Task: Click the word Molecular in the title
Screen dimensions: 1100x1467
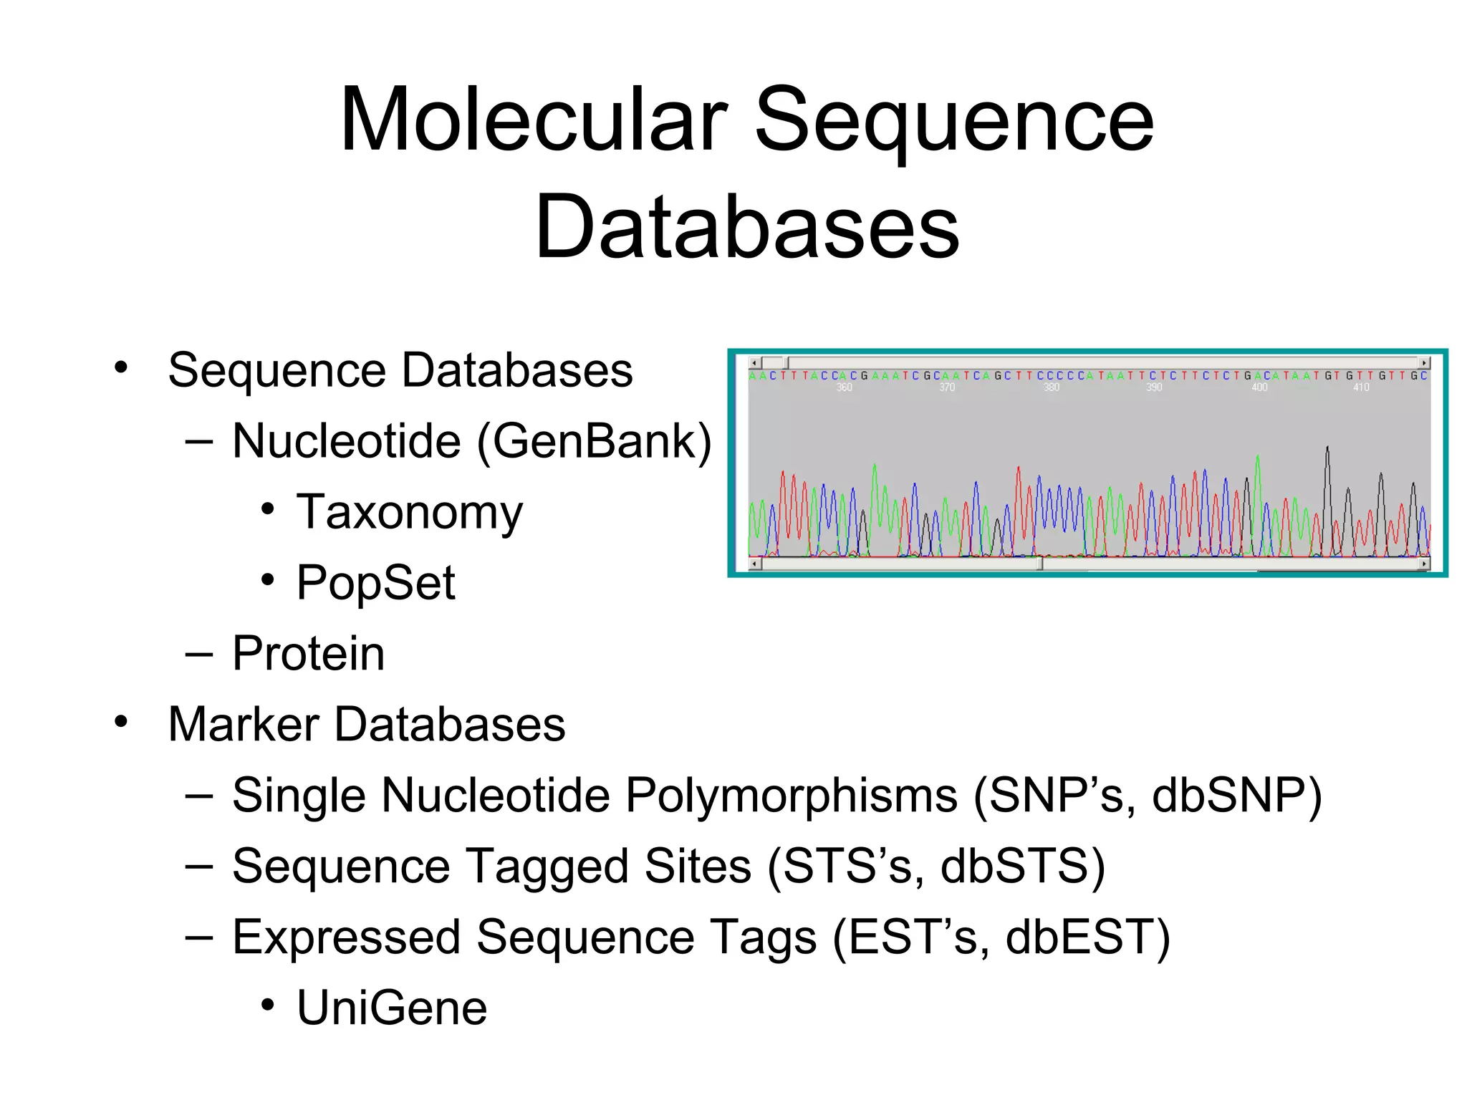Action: (x=534, y=120)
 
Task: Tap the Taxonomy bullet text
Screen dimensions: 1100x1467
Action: (x=410, y=513)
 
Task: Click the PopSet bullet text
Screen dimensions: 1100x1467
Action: (x=375, y=583)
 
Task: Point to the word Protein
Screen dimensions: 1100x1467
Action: (x=308, y=654)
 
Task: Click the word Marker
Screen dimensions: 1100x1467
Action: (x=244, y=724)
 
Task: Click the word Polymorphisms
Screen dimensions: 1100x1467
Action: (x=792, y=796)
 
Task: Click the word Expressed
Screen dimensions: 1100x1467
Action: (x=346, y=937)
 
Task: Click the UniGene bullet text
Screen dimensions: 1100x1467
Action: (x=392, y=1008)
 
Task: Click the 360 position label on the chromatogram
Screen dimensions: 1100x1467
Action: (x=844, y=387)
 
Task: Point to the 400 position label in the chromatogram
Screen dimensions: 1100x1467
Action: (x=1259, y=387)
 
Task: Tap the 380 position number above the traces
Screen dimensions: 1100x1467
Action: (x=1051, y=387)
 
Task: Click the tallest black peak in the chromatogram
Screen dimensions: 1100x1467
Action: (x=1327, y=450)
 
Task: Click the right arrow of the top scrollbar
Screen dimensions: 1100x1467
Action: (x=1424, y=363)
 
